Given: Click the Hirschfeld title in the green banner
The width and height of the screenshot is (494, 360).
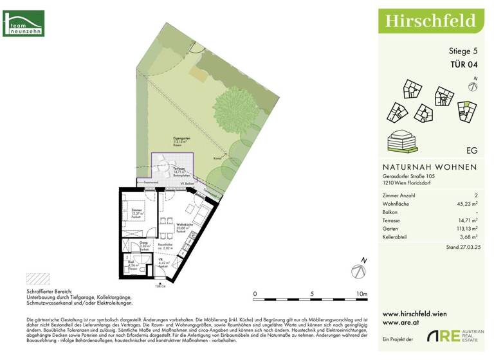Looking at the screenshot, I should (430, 21).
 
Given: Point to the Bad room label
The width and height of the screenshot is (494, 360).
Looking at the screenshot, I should (131, 263).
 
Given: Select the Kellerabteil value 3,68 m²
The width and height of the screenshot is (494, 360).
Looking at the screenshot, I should (470, 237).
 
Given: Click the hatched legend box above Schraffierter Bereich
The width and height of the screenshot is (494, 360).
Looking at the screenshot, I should (37, 279).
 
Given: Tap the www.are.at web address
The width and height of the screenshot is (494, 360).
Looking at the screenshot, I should (397, 323).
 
